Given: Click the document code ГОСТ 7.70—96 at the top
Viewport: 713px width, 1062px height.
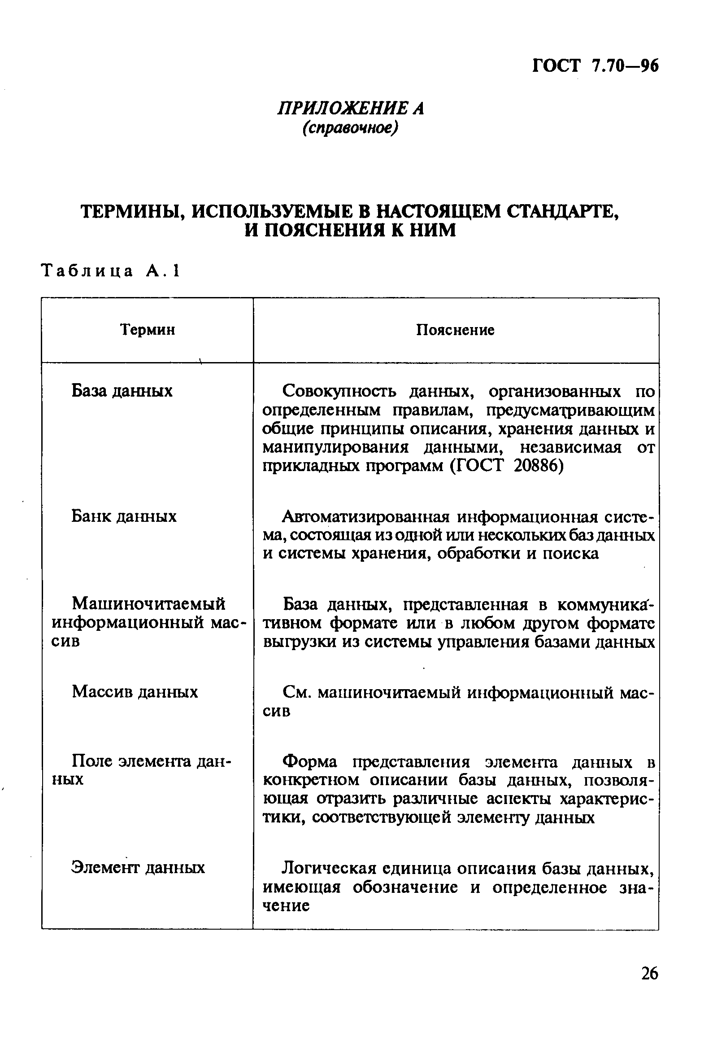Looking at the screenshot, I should [x=595, y=66].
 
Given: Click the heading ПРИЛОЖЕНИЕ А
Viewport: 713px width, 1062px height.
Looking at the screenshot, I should [x=351, y=109].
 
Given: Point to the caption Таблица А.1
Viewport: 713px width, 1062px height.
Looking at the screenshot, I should [x=110, y=271].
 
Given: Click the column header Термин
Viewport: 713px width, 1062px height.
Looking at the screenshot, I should [x=148, y=329].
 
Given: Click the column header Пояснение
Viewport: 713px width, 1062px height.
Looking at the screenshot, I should [x=455, y=330].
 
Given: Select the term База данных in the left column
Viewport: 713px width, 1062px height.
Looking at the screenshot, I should [x=122, y=391].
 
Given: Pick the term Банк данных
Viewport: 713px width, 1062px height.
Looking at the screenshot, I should [x=124, y=516].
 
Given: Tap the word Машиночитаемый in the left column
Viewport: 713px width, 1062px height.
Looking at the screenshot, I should [x=149, y=604].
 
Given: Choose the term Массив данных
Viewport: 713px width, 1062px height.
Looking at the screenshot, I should [x=135, y=692].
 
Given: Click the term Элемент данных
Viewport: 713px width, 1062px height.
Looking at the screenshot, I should [x=138, y=867].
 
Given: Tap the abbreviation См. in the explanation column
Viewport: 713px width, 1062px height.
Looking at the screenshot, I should [x=296, y=693].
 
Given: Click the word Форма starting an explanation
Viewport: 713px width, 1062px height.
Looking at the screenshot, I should [x=310, y=761].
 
